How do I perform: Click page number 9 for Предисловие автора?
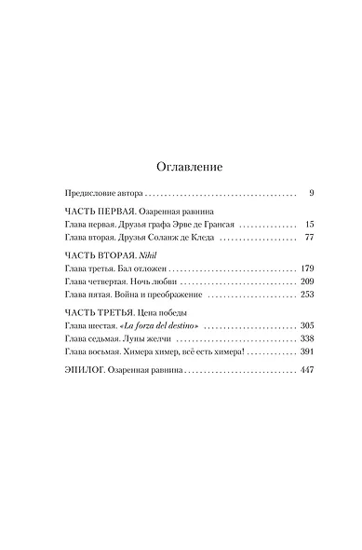pos(311,193)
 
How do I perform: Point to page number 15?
pos(309,225)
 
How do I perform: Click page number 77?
pos(309,238)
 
